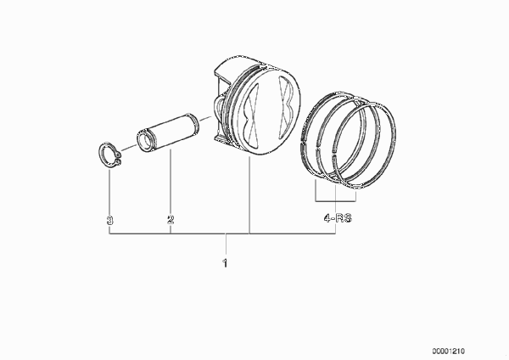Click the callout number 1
point(225,263)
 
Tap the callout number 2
point(171,219)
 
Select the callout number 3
point(110,220)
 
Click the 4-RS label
point(338,217)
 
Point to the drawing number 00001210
point(448,352)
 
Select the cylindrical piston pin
point(168,132)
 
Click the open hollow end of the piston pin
point(146,140)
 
